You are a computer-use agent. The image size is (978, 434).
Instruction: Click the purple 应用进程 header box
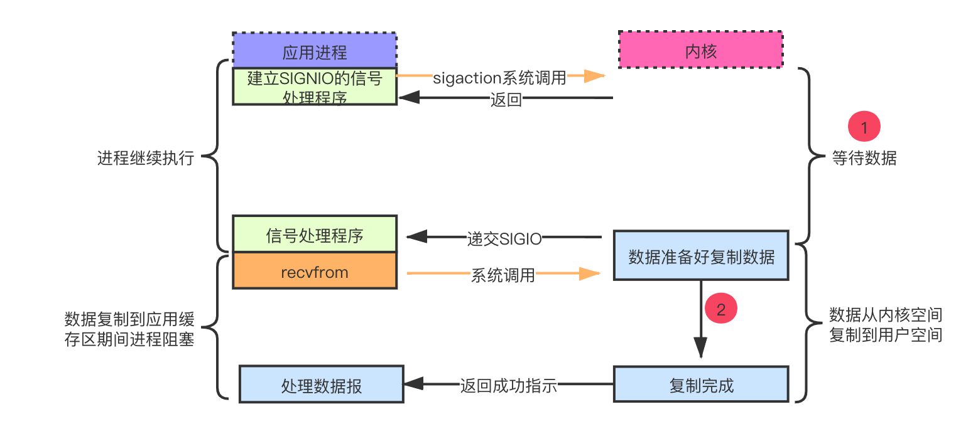[314, 50]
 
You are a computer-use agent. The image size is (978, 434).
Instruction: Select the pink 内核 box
[701, 50]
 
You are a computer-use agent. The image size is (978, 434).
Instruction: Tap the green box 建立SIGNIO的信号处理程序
[314, 87]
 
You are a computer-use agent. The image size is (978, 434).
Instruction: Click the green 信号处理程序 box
[314, 234]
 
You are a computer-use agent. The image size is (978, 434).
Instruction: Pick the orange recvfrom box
[314, 270]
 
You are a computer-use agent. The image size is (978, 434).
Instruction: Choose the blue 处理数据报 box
[322, 384]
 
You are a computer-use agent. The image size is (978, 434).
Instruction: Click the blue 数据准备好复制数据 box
[701, 255]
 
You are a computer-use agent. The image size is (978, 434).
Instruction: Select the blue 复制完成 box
[701, 384]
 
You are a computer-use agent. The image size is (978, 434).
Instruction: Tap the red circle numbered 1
[864, 126]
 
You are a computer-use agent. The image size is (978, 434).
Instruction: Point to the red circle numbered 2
[721, 308]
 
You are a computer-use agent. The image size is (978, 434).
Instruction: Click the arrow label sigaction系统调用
[499, 78]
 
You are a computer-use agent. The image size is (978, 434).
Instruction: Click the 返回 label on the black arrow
[506, 99]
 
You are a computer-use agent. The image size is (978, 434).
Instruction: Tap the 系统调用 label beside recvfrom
[503, 275]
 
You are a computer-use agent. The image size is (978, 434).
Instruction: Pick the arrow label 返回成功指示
[509, 386]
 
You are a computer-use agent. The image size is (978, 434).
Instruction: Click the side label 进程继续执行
[146, 158]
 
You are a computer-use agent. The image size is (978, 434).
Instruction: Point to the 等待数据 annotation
[864, 158]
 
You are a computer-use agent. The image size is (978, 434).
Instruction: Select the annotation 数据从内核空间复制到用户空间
[886, 325]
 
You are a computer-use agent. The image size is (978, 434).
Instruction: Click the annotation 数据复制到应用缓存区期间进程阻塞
[129, 329]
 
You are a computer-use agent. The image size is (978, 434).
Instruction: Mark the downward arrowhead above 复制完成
[701, 347]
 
